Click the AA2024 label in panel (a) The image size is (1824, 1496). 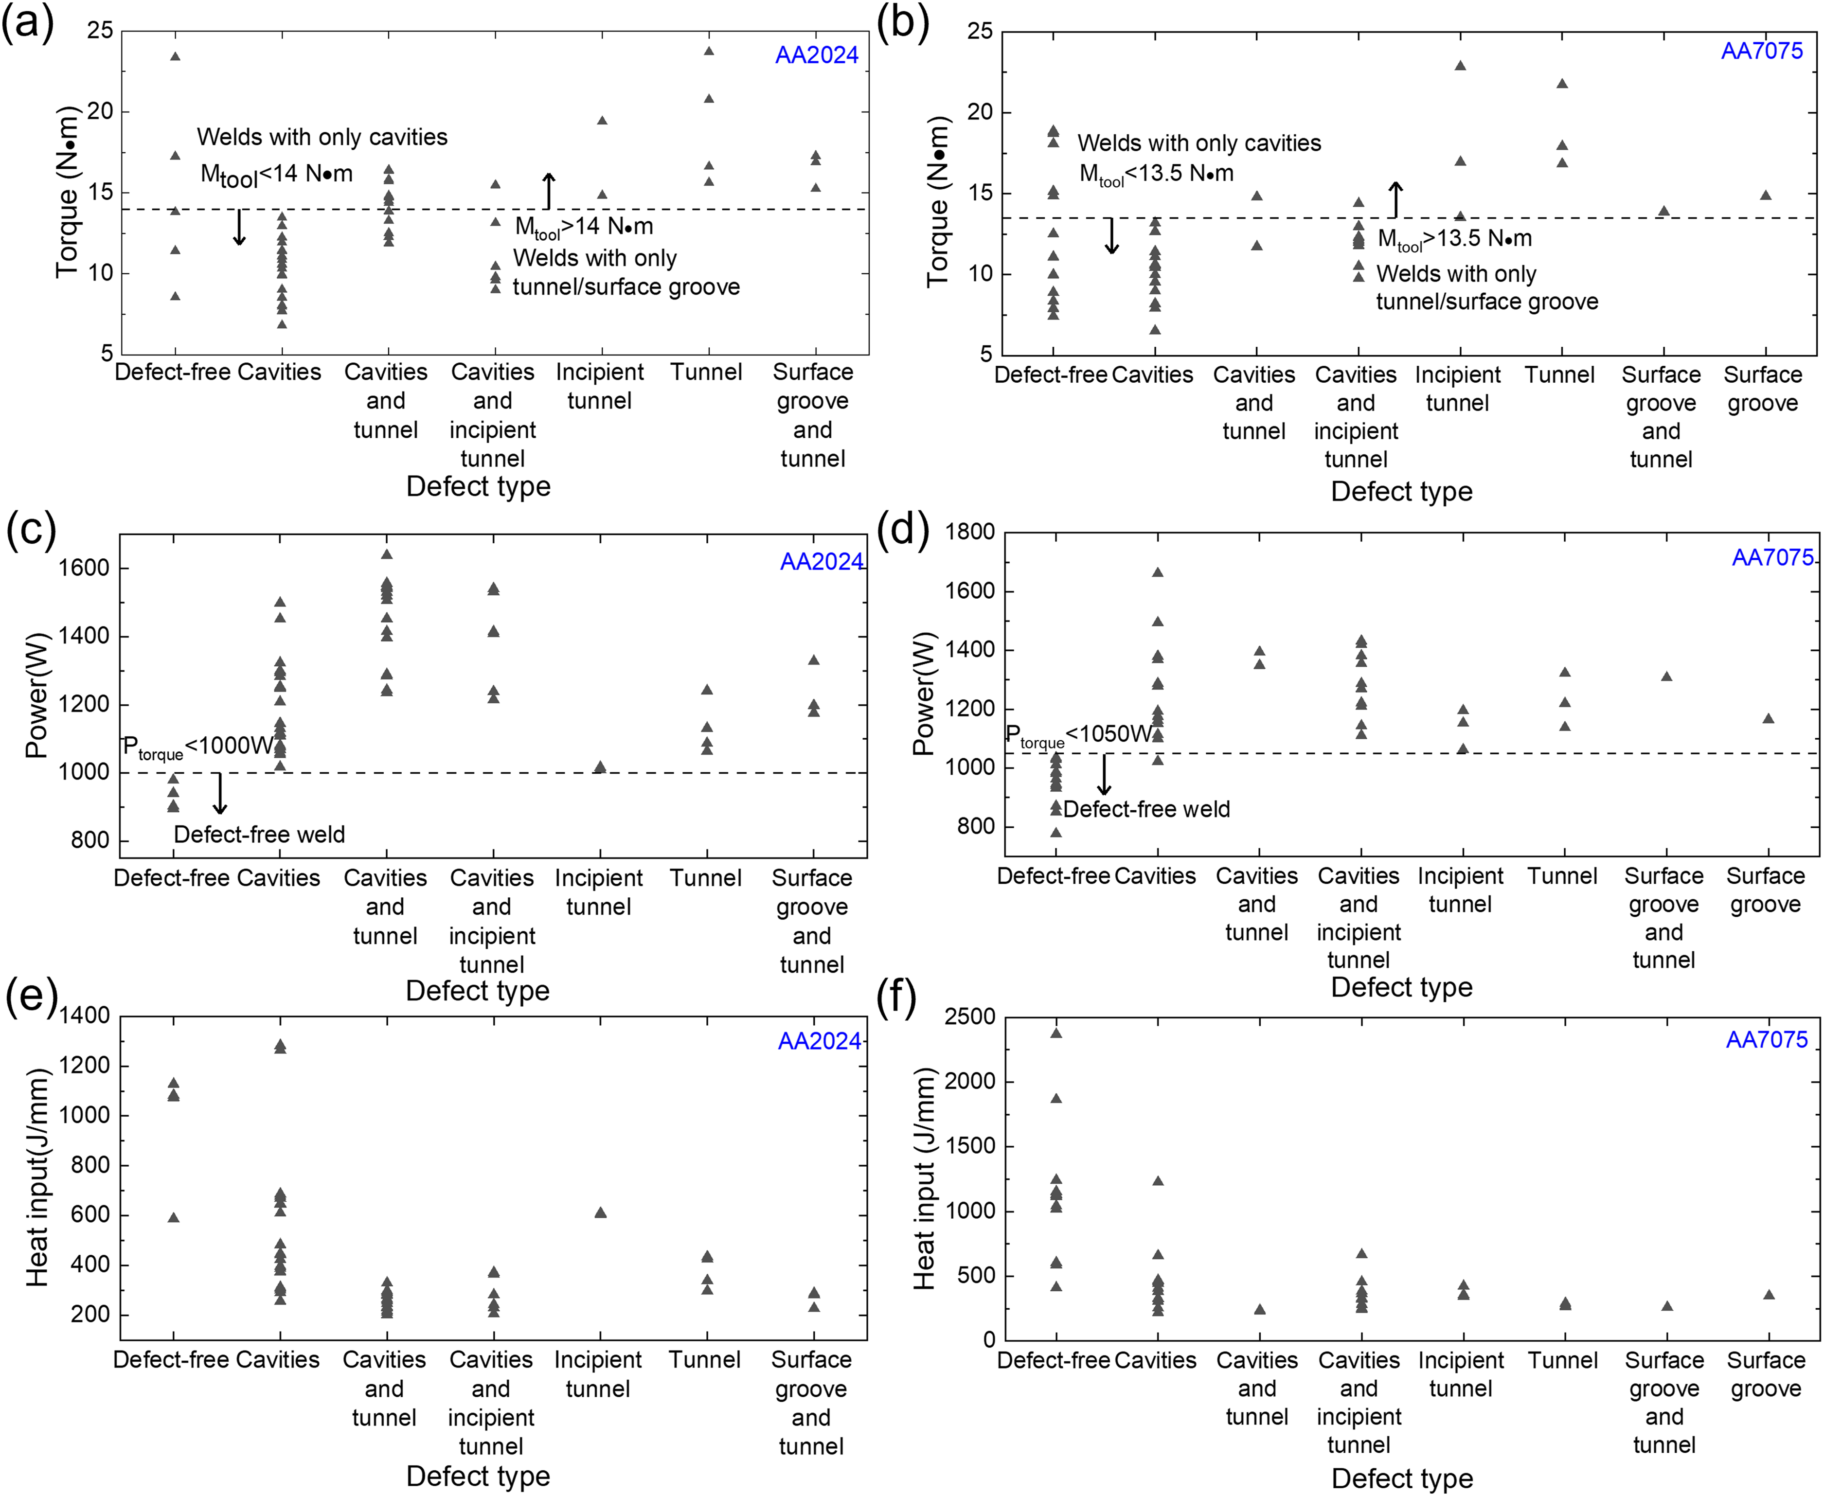click(816, 55)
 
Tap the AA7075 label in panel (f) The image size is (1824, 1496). click(1766, 1039)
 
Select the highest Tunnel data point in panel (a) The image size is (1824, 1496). click(709, 51)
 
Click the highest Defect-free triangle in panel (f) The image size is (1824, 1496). click(1056, 1033)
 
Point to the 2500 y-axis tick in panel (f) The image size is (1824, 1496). click(970, 1017)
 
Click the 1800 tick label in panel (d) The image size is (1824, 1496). click(970, 532)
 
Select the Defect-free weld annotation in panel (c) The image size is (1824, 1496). click(259, 834)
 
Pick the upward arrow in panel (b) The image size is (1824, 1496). click(1395, 199)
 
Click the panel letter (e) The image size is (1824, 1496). click(31, 996)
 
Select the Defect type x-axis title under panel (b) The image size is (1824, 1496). click(1402, 491)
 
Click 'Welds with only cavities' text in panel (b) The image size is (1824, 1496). click(1199, 143)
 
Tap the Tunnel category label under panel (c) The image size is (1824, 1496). click(706, 878)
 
